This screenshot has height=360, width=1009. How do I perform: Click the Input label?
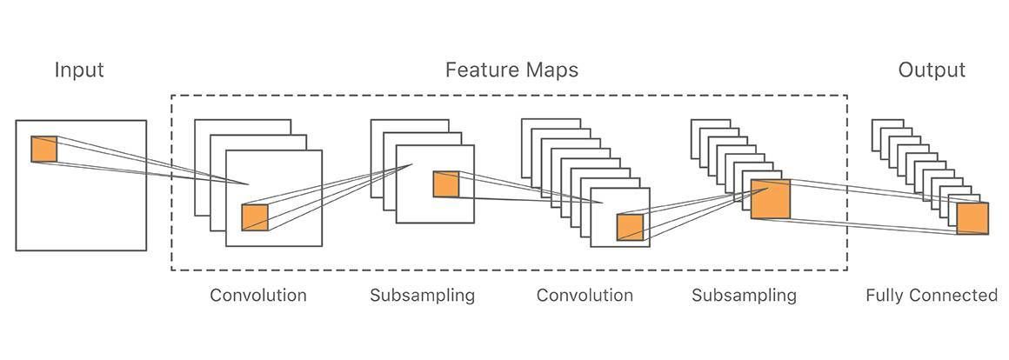click(x=79, y=70)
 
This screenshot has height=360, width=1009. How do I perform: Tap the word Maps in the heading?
click(x=551, y=70)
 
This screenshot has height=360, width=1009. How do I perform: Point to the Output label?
click(x=932, y=70)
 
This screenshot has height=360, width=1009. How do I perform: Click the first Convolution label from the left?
click(x=258, y=296)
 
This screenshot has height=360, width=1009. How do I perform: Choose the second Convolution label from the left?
click(x=585, y=296)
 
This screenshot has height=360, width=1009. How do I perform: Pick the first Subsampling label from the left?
click(x=422, y=296)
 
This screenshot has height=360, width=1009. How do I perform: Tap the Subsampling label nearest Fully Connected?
click(x=744, y=296)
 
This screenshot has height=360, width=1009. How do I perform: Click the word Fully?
click(x=886, y=296)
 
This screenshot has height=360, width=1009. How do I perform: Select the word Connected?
click(x=955, y=296)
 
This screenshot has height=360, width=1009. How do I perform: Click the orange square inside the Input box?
click(x=44, y=149)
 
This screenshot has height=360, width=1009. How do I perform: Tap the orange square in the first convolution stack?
click(x=255, y=217)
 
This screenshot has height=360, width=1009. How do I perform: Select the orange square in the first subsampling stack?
click(x=445, y=184)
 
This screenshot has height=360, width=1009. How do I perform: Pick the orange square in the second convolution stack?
click(x=630, y=227)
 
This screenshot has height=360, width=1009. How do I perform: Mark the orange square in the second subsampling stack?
click(x=771, y=200)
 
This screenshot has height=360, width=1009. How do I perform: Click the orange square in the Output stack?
click(x=972, y=218)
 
